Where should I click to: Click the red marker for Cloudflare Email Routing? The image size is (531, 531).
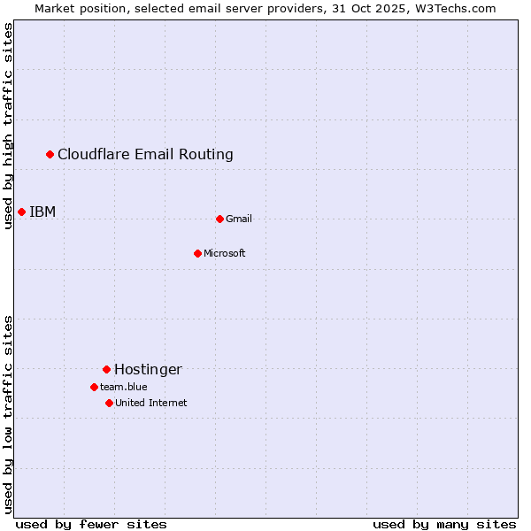(50, 155)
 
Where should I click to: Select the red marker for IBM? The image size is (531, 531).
(21, 212)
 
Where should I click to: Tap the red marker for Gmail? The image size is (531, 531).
(219, 219)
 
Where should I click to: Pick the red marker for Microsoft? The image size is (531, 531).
(197, 253)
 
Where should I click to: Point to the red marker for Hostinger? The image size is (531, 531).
(106, 369)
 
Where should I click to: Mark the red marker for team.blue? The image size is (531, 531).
(94, 387)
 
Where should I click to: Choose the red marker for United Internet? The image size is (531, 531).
(109, 403)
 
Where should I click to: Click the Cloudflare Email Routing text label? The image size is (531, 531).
(145, 155)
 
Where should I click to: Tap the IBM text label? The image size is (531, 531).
(42, 212)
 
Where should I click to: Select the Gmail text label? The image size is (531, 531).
(239, 219)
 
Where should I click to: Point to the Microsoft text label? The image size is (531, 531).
(225, 253)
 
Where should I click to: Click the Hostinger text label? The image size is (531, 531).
(148, 369)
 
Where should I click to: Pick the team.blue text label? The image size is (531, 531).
(124, 387)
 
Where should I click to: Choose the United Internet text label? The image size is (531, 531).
(151, 403)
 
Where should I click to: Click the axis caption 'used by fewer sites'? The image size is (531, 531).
(91, 524)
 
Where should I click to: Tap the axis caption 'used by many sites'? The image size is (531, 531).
(444, 524)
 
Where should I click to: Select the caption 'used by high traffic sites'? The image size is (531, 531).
(8, 126)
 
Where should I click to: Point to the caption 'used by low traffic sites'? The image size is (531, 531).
(8, 414)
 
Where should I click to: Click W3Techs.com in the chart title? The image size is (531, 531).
(458, 8)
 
